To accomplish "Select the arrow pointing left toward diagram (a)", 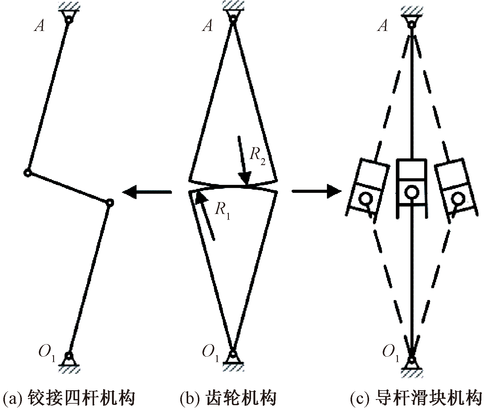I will point(147,192).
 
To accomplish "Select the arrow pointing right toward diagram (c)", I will point(316,192).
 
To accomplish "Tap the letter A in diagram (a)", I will point(40,26).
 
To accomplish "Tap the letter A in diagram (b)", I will point(208,26).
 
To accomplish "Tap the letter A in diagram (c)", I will point(383,26).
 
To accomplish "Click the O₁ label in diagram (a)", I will point(47,353).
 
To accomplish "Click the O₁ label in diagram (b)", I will point(210,353).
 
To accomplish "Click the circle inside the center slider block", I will point(411,192).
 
